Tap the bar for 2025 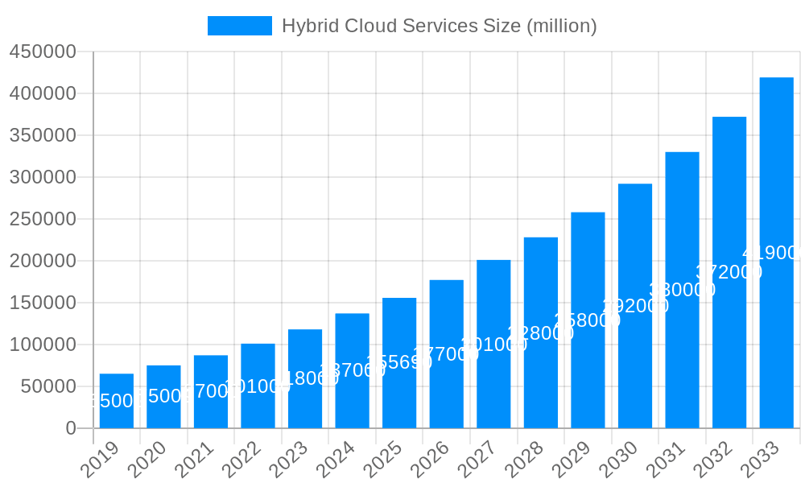(399, 362)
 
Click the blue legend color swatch (239, 26)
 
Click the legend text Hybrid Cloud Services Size (439, 26)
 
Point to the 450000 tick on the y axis (43, 52)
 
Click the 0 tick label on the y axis (71, 428)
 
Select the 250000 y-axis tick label (43, 219)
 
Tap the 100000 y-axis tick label (43, 345)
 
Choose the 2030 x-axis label (618, 460)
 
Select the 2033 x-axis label (760, 460)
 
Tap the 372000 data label (729, 272)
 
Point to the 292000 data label (635, 306)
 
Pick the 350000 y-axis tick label (43, 135)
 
